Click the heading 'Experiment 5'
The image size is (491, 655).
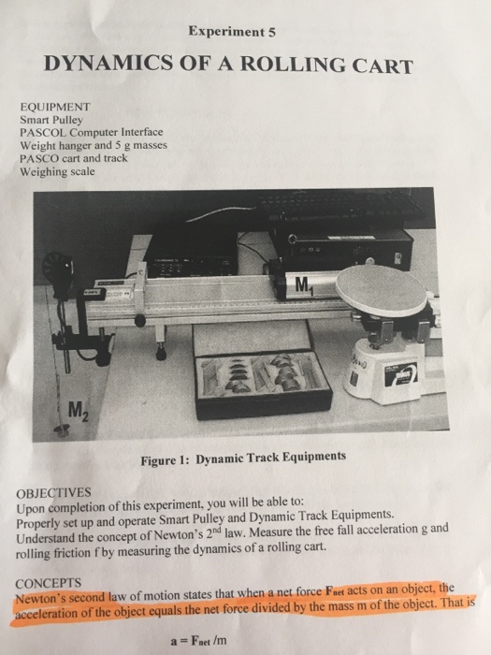tap(231, 30)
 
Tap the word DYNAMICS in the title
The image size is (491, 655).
tap(106, 67)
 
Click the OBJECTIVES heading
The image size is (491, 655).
tap(53, 490)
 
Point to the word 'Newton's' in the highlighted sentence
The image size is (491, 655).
tap(44, 590)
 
